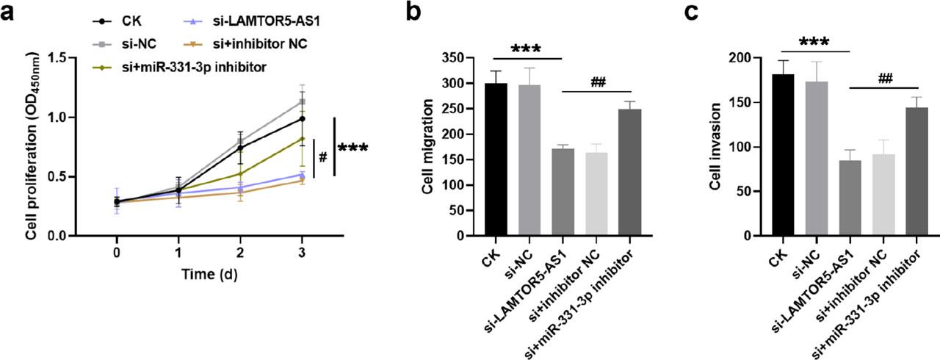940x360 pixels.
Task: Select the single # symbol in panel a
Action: tap(322, 157)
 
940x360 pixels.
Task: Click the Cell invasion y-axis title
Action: tap(716, 147)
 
